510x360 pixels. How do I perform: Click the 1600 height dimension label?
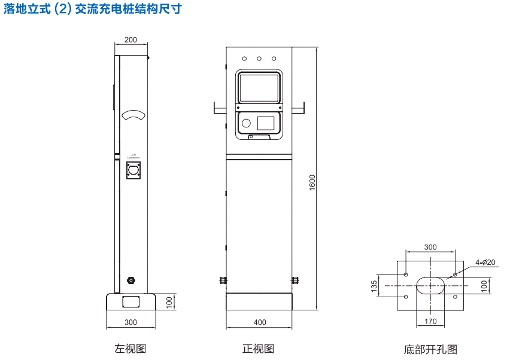point(312,182)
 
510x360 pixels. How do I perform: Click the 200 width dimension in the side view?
point(130,40)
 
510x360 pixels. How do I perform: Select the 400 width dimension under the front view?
point(260,322)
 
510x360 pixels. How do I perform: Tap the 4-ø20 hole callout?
point(485,262)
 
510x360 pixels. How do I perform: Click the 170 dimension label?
point(430,322)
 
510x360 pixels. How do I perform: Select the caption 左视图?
point(130,349)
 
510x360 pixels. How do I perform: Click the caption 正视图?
point(259,349)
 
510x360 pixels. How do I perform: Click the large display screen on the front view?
point(259,88)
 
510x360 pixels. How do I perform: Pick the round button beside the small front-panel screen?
point(245,123)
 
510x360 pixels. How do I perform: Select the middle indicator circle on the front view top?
point(259,59)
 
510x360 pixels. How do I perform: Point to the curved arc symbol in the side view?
point(133,115)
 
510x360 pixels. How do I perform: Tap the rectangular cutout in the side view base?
point(131,301)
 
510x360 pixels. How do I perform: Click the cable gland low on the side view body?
point(131,280)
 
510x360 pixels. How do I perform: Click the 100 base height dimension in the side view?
point(169,302)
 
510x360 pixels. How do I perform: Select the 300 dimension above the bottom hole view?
point(430,247)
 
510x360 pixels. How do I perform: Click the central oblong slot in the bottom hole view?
point(430,286)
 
